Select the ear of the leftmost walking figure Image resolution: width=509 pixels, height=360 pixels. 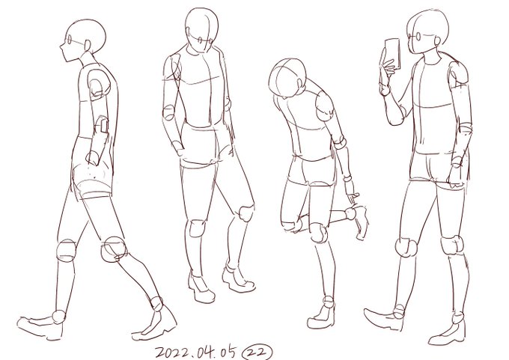tap(88, 46)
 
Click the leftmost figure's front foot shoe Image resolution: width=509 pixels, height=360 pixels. tap(40, 326)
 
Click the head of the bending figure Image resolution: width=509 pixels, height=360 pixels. tap(287, 78)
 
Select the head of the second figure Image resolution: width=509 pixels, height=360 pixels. tap(201, 30)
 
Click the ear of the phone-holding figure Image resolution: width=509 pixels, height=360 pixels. tap(438, 41)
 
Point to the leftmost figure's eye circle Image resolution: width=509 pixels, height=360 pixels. tap(69, 40)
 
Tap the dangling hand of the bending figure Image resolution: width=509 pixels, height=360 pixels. tap(353, 197)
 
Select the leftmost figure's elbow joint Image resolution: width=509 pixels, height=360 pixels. tap(102, 125)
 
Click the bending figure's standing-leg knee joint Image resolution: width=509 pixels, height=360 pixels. tap(318, 233)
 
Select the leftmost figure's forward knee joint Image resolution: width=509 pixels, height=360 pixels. tap(114, 249)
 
